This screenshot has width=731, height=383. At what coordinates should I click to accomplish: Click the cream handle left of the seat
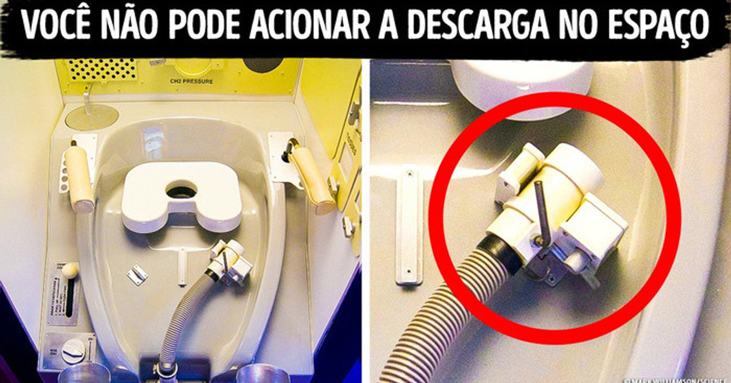[x=79, y=177]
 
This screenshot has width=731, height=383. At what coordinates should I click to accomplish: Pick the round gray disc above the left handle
[x=91, y=116]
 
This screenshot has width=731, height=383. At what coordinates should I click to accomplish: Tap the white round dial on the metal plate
[x=73, y=351]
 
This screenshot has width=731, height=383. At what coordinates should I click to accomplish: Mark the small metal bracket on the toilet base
[x=136, y=275]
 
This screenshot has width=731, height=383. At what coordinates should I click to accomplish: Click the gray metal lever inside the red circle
[x=543, y=213]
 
